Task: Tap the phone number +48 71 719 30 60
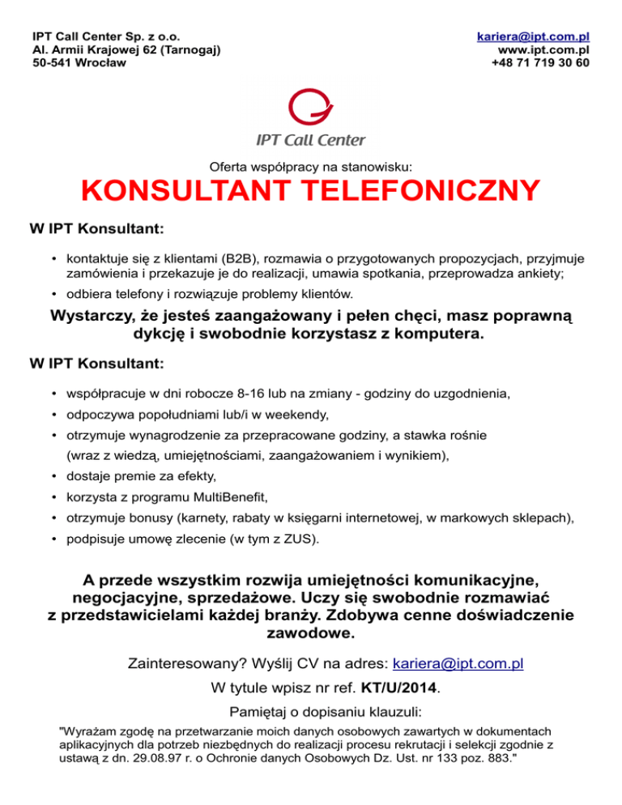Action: (x=540, y=63)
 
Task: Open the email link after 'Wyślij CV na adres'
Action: (x=458, y=664)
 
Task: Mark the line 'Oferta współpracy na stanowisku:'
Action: (x=311, y=166)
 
